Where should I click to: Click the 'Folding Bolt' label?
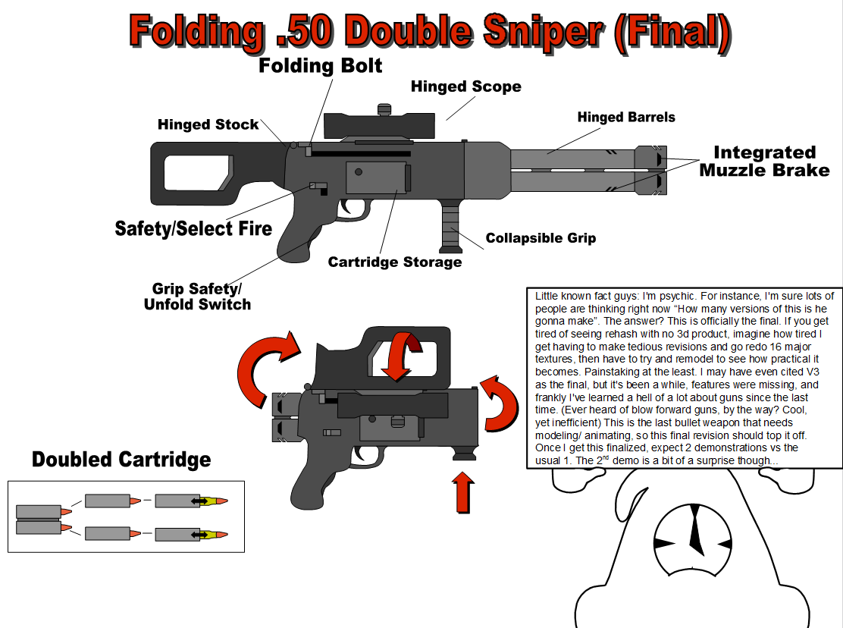pos(321,66)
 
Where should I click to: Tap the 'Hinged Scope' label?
pos(465,86)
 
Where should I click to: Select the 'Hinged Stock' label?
pos(208,124)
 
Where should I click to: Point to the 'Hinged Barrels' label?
pos(625,117)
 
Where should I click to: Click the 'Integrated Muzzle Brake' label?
pos(764,161)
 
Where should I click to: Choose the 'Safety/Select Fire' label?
pos(193,228)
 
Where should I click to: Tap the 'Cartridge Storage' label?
pos(394,262)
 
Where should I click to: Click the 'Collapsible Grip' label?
pos(541,238)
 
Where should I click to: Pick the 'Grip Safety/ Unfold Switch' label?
pos(197,297)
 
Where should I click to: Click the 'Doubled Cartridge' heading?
pos(121,460)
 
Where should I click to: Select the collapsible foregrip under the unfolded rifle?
pos(452,225)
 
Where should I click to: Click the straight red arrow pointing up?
pos(464,491)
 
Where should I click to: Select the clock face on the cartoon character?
pos(692,540)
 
